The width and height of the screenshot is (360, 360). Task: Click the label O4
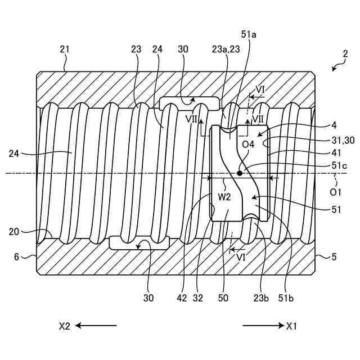[249, 145]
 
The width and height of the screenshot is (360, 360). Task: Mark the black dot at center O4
[240, 173]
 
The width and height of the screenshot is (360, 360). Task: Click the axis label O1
[335, 192]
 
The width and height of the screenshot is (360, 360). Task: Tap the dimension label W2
[225, 197]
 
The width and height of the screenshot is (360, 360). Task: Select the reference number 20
[16, 231]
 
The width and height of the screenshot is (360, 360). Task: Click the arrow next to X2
[96, 325]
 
